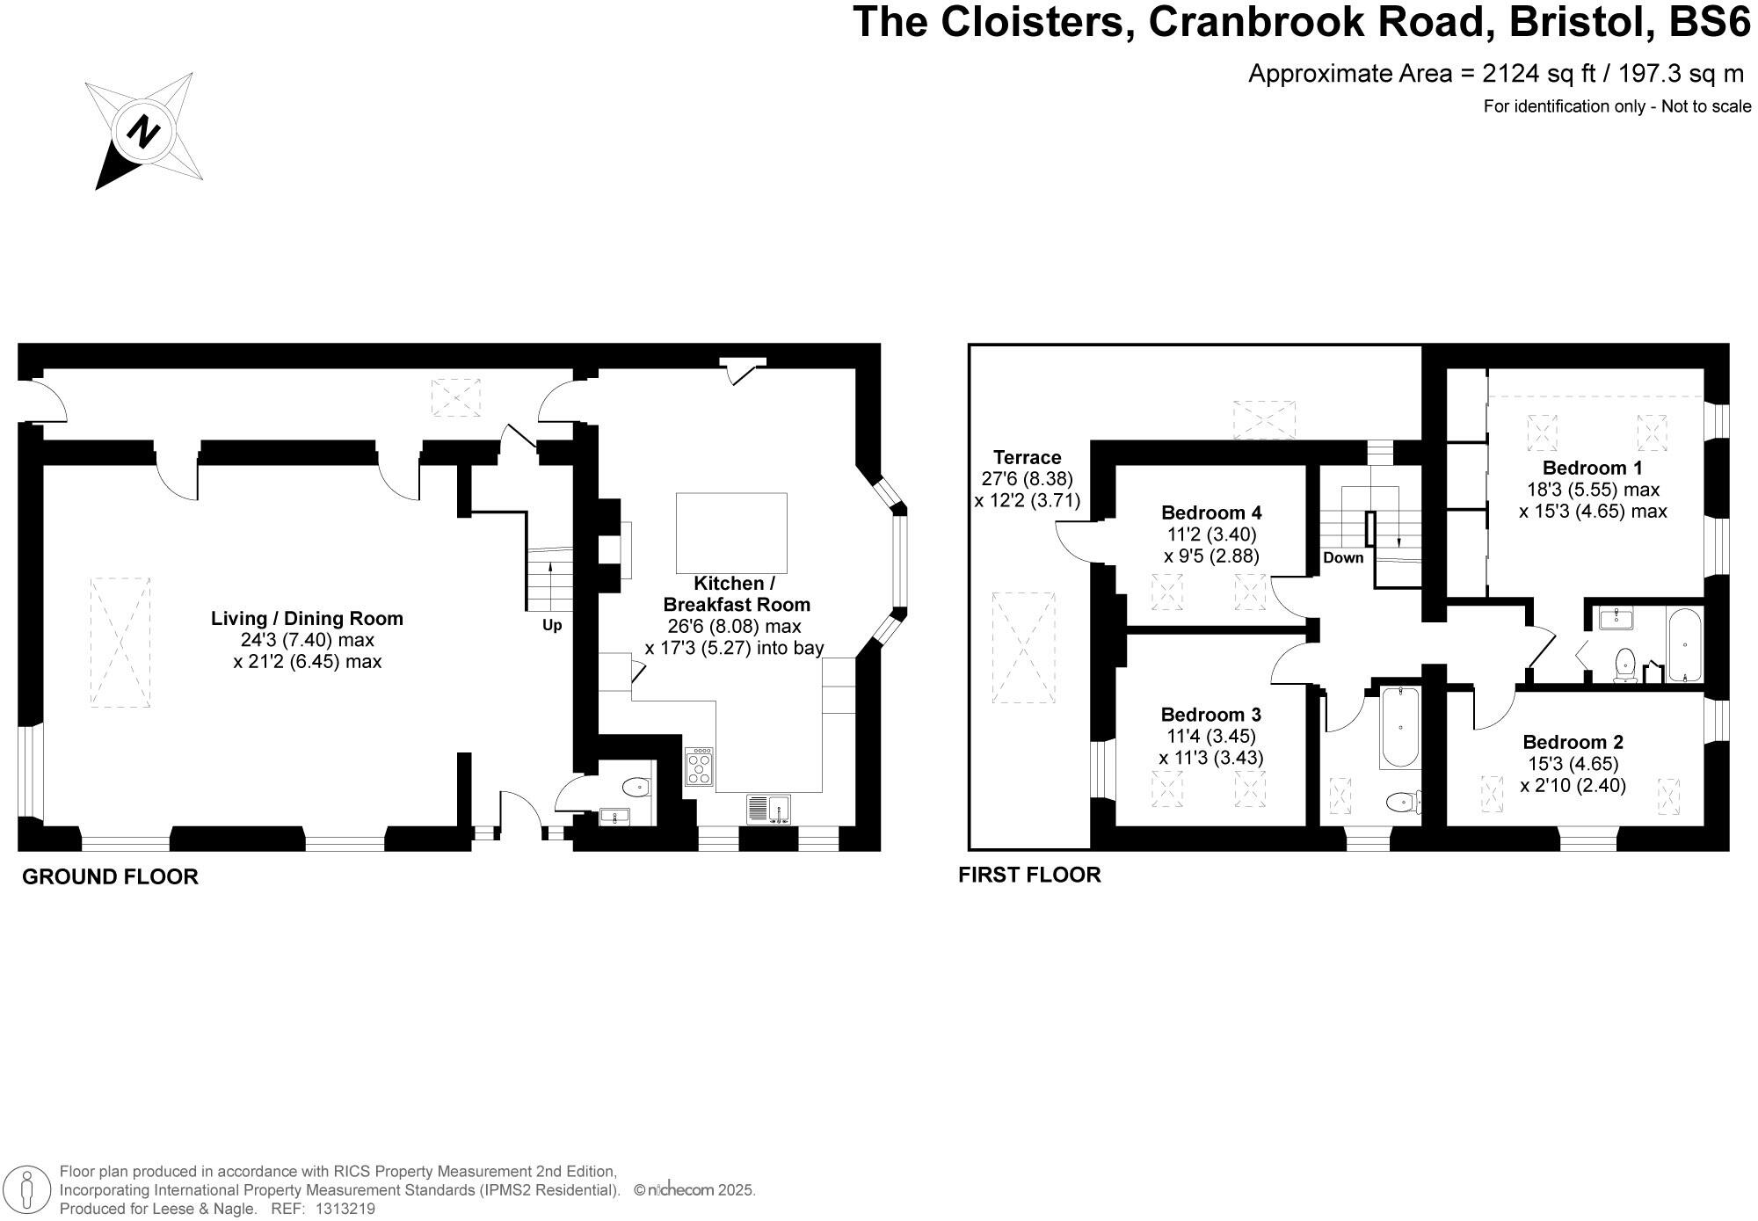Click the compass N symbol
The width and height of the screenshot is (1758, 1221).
(x=143, y=133)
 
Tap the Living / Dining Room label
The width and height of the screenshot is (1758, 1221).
(x=307, y=618)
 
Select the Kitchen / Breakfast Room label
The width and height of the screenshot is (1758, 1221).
(x=736, y=593)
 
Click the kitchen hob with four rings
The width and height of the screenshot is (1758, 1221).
(x=700, y=767)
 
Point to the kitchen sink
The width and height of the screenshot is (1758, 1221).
(x=769, y=809)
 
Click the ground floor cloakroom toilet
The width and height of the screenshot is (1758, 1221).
(x=636, y=786)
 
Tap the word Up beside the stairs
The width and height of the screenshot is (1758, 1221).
(x=551, y=626)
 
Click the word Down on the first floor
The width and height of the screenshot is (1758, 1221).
(x=1343, y=557)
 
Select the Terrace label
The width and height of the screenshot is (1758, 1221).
(x=1027, y=457)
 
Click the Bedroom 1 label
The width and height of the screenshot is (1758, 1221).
(x=1592, y=468)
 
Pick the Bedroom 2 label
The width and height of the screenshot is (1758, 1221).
(x=1573, y=742)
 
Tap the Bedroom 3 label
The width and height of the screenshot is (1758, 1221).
(x=1210, y=714)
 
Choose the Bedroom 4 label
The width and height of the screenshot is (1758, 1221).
(x=1211, y=512)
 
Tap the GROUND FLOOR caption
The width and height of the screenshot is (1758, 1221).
(x=110, y=876)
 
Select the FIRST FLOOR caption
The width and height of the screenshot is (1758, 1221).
(x=1029, y=875)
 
